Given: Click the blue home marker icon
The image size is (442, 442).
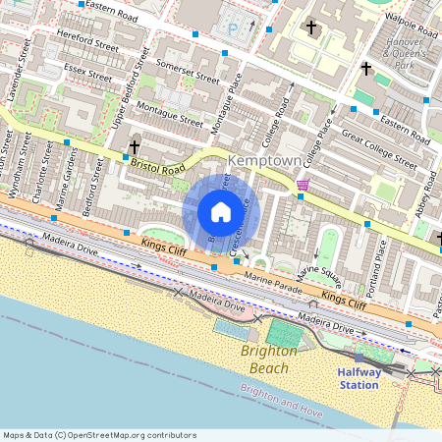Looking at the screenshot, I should point(221,212).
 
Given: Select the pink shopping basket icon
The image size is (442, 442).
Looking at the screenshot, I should point(303,184).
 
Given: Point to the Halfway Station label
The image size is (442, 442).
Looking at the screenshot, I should point(358,378).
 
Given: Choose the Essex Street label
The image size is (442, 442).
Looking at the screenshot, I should point(87,74).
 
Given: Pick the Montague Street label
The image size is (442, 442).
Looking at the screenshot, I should point(169,115).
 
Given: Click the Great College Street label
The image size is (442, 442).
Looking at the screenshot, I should point(378,147).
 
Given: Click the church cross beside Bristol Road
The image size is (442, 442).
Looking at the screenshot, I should point(134,146).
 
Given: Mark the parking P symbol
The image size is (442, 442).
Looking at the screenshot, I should point(233,29).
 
